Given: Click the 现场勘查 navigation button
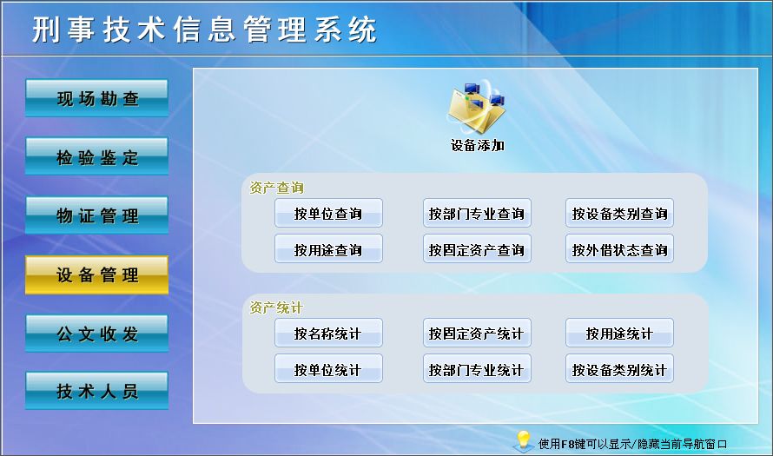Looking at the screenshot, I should coord(96,98).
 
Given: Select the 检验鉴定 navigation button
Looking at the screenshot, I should coord(96,157).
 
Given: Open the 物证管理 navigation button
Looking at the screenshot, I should coord(96,215).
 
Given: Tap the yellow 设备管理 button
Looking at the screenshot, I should coord(96,274).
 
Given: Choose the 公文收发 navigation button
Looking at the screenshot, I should coord(96,334).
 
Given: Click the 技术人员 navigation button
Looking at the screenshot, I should coord(96,391).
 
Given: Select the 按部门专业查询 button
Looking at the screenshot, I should coord(477,214).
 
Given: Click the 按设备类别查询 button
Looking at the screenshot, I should coord(619,214).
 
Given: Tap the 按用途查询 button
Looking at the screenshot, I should coord(328,250).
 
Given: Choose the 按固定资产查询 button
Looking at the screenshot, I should coord(477,250).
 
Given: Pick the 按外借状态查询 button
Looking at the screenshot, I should coord(619,250).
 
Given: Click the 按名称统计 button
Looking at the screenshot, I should coord(328,333).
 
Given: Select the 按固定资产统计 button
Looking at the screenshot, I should coord(477,333).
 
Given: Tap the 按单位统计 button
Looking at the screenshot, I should coord(328,369).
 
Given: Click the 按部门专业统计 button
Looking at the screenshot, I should coord(477,369).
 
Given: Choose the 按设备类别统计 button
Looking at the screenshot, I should coord(619,369).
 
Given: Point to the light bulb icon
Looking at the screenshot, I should coord(523,439).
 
